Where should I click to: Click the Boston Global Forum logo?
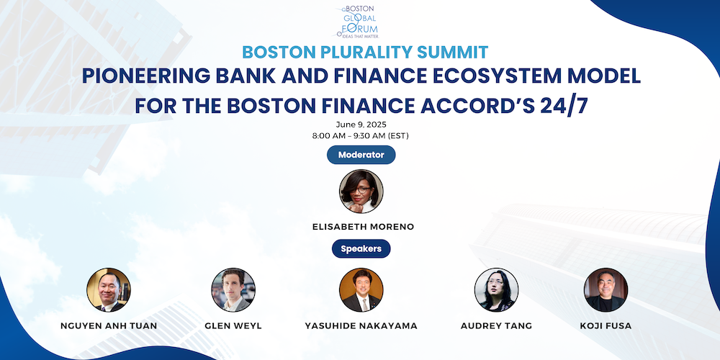click(359, 22)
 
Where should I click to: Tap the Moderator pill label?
click(361, 155)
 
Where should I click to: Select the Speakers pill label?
click(361, 249)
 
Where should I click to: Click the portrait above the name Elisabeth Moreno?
click(361, 192)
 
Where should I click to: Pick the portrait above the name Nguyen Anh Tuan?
click(109, 289)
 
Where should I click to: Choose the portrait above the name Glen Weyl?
click(233, 289)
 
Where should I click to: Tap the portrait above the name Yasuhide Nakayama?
click(361, 289)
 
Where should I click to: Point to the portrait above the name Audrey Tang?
click(496, 289)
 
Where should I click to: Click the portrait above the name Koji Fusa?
click(606, 289)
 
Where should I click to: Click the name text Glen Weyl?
click(233, 326)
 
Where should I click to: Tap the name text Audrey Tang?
click(496, 326)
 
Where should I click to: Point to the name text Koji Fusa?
click(606, 326)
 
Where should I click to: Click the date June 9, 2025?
click(361, 125)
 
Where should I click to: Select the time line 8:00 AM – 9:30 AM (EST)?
click(361, 135)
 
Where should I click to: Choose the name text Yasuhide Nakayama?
click(361, 326)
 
